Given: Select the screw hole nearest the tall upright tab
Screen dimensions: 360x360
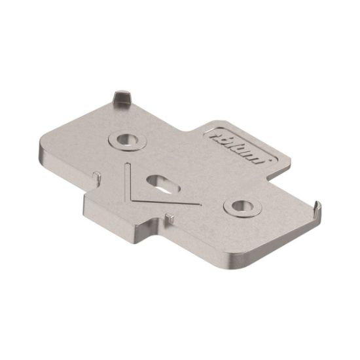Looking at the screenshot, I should pos(123,139).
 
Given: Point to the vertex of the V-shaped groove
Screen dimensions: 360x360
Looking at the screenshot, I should pos(136,199).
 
